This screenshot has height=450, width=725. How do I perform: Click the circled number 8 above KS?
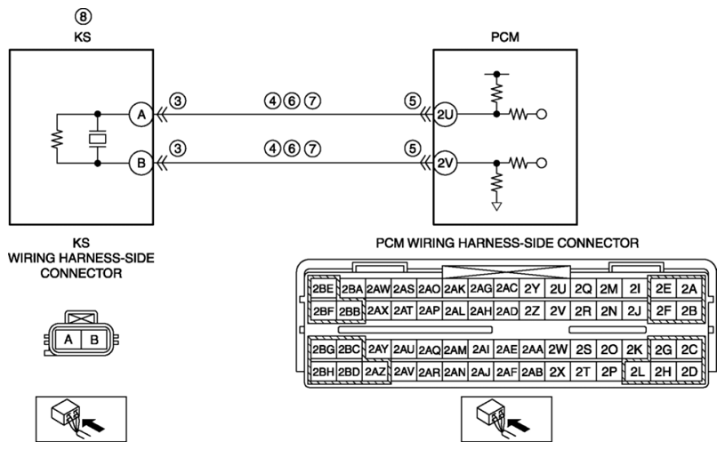click(83, 17)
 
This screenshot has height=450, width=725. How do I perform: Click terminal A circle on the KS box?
click(141, 114)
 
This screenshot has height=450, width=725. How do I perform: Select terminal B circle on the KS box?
click(141, 163)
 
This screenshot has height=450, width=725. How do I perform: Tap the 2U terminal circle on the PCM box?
click(445, 114)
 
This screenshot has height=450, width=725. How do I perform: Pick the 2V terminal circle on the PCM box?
click(445, 163)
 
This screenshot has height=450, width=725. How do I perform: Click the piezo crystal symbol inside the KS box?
click(97, 139)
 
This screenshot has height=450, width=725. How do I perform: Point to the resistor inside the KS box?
click(57, 139)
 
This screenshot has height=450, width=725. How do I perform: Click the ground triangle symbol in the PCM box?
click(496, 206)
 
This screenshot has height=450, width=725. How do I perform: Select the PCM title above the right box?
click(505, 37)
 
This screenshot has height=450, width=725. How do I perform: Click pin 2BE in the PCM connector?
click(323, 289)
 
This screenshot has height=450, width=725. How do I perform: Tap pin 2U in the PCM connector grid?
click(558, 289)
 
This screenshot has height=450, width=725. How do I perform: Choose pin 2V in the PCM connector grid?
click(558, 311)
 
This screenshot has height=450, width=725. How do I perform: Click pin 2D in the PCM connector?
click(689, 372)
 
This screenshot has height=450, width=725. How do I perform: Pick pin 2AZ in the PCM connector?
click(375, 372)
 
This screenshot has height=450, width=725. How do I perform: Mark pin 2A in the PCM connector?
click(689, 289)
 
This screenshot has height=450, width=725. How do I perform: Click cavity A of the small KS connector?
click(68, 340)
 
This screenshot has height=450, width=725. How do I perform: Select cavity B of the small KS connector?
click(94, 340)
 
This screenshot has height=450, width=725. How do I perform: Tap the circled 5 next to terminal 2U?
click(413, 100)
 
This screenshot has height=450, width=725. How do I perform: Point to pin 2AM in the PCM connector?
click(455, 350)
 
